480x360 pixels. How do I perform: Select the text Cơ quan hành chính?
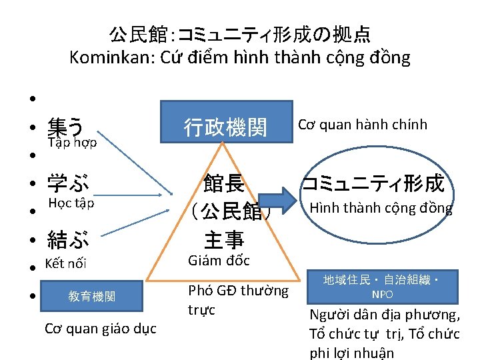362,125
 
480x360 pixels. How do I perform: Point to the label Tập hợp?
73,143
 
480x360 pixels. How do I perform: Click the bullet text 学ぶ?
67,181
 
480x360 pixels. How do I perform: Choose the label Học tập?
71,203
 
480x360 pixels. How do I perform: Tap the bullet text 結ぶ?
67,237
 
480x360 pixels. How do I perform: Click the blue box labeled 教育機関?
91,296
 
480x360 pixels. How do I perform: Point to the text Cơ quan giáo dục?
100,328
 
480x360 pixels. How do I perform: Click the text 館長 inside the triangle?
224,183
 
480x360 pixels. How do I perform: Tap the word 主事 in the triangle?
224,239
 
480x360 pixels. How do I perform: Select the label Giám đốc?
219,261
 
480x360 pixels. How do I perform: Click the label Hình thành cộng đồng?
380,208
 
